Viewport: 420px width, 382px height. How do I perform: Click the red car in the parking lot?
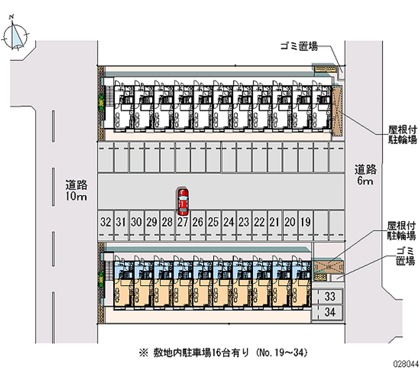[x=182, y=201]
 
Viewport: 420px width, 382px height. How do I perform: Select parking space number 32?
[x=106, y=222]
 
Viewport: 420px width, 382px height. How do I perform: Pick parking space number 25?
[x=213, y=222]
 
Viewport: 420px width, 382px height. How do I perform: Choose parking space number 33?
[x=330, y=296]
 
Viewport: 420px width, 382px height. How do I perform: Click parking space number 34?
[x=330, y=313]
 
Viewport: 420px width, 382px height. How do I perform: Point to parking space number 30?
[x=136, y=222]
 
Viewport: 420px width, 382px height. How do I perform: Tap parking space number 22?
[x=259, y=222]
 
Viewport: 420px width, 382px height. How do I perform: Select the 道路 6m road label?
[x=365, y=175]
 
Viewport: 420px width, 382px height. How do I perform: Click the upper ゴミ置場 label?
[x=298, y=47]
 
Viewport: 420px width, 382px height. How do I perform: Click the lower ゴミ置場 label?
[x=406, y=256]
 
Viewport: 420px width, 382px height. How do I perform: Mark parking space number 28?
[x=167, y=222]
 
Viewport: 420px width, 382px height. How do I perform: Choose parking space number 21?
[x=274, y=222]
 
